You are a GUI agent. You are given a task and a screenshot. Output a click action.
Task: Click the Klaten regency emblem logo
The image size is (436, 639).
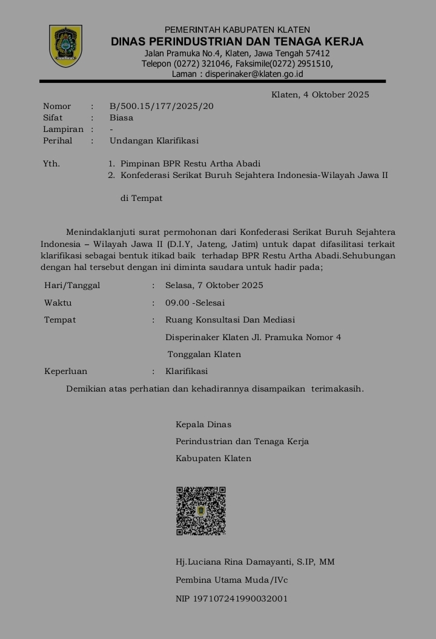[65, 46]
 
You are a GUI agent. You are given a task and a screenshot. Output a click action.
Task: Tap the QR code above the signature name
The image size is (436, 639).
[201, 511]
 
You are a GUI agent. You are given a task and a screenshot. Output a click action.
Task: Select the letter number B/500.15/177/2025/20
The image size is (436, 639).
[162, 106]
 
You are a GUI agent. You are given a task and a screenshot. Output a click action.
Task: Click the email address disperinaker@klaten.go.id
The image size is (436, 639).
[254, 74]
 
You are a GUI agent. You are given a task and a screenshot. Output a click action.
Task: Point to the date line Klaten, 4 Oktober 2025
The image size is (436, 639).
[320, 94]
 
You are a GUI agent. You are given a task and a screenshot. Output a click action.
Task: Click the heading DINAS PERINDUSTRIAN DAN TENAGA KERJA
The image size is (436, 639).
[237, 42]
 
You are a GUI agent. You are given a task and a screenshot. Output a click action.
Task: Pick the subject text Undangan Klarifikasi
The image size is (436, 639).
[154, 141]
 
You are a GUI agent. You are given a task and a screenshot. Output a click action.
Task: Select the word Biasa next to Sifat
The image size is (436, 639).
[121, 118]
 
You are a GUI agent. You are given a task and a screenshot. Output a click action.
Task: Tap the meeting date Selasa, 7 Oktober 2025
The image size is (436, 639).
[214, 286]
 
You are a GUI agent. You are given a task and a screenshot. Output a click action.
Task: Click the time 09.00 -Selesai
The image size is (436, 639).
[195, 303]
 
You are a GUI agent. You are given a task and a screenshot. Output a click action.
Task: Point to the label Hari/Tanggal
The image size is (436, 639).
[72, 286]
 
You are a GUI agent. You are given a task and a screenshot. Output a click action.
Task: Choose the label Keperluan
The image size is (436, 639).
[65, 372]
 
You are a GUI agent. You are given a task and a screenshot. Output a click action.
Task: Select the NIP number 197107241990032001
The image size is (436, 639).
[231, 599]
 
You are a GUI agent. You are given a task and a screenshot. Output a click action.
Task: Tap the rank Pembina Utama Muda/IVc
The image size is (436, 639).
[231, 580]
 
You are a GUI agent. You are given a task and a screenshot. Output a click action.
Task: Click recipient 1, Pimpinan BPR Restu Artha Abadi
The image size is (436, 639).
[190, 164]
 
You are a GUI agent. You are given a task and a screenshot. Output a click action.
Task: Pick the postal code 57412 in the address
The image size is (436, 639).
[318, 53]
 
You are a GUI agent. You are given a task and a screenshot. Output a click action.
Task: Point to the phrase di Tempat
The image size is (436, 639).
[141, 198]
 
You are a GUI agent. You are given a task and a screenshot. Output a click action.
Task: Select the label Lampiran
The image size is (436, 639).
[63, 129]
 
